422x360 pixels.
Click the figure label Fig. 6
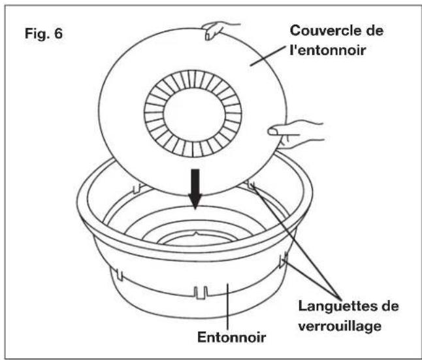coord(44,33)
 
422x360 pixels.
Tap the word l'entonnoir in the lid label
coord(327,50)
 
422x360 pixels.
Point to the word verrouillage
coord(340,326)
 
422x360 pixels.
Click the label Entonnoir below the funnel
coord(232,337)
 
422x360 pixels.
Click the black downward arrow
coord(195,189)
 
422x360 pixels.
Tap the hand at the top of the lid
coord(219,29)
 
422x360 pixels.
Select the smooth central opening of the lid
coord(194,113)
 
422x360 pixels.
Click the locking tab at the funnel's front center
coord(201,293)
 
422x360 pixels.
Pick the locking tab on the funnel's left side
coord(119,274)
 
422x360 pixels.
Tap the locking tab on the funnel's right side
coord(283,260)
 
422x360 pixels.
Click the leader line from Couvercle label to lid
coord(267,56)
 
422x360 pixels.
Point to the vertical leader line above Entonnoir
coord(228,306)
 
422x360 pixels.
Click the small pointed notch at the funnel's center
coord(196,233)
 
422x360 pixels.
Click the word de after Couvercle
coord(374,30)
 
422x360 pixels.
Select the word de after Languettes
coord(390,306)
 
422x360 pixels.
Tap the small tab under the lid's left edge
coord(137,188)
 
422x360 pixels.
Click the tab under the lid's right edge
coord(251,185)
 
